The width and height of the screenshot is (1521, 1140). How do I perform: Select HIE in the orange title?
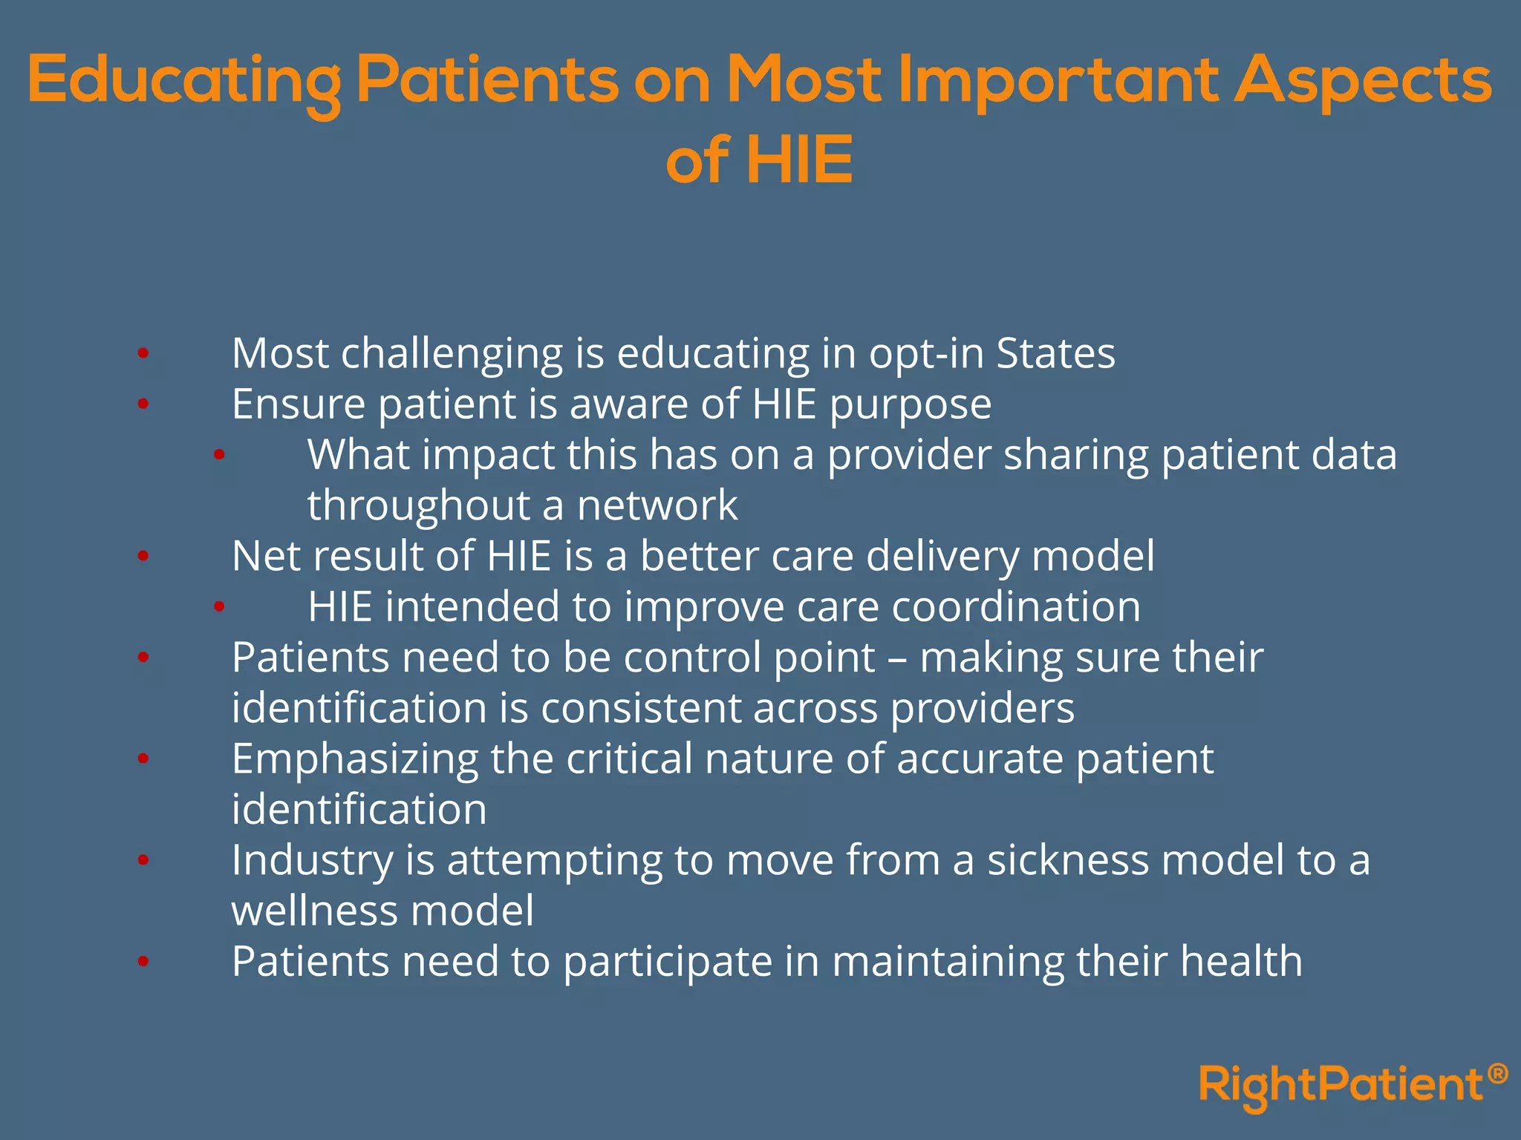click(x=799, y=160)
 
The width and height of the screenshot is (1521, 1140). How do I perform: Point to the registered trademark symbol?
click(x=1498, y=1073)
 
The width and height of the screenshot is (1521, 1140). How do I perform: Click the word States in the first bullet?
click(x=1055, y=353)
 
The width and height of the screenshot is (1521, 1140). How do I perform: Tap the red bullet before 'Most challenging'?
click(x=143, y=354)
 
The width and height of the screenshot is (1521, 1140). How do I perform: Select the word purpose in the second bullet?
click(x=910, y=405)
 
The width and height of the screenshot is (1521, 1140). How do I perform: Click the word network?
click(x=657, y=506)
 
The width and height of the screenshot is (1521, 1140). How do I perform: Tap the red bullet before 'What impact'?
click(x=219, y=455)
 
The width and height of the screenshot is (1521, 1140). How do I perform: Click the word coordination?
click(x=1015, y=607)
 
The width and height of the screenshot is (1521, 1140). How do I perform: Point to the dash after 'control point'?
click(x=897, y=659)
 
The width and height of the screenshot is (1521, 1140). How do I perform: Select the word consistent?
click(x=641, y=709)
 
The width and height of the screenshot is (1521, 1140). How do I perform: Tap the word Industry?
click(x=312, y=861)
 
